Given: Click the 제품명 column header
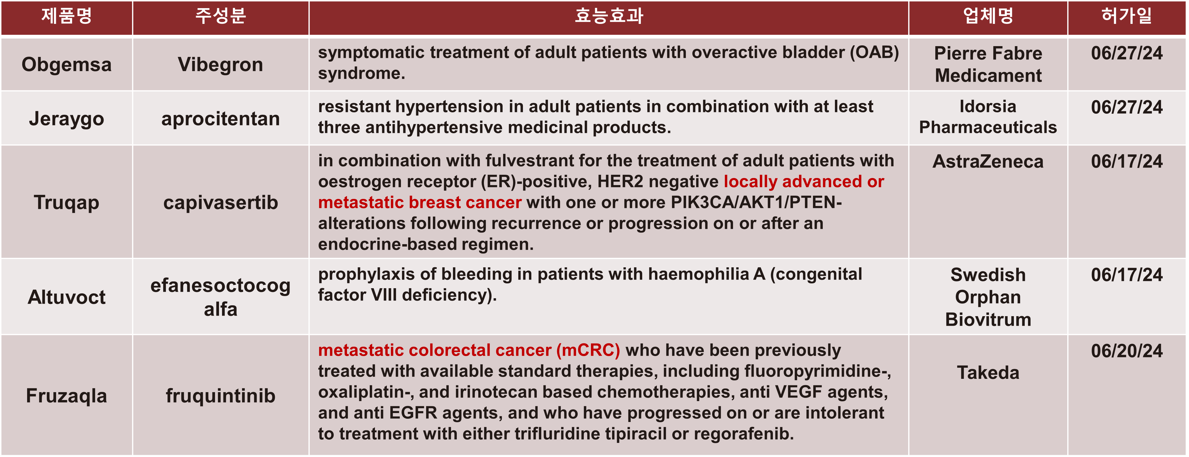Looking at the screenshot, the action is coord(66,16).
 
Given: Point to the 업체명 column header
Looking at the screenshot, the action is coord(988,16).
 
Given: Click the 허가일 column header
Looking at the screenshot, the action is coord(1127,16).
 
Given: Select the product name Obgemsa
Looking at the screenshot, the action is coord(66,64).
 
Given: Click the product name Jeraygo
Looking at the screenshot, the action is coord(66,119).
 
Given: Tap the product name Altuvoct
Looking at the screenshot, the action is coord(66,297).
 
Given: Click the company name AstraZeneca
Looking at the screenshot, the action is coord(988,161).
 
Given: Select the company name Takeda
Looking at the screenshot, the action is coord(988,372).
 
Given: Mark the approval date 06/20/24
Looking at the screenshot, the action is coord(1127,351).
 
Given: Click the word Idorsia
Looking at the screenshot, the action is coord(988,106).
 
